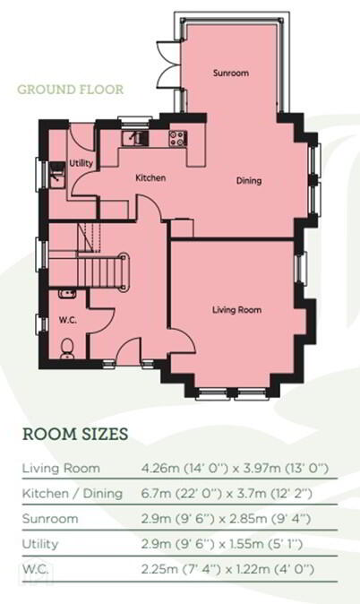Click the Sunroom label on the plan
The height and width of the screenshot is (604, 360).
(x=231, y=73)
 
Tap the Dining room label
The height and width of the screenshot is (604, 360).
(x=249, y=180)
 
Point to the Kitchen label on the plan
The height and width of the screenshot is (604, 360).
(x=150, y=177)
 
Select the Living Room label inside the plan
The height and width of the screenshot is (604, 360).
(x=236, y=309)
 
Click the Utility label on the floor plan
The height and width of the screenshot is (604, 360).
(x=81, y=163)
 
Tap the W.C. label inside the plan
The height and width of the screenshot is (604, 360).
(x=67, y=319)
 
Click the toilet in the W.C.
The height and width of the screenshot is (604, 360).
(x=67, y=349)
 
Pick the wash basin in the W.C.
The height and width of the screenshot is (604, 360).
(x=67, y=294)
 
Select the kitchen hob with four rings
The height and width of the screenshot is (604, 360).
(x=178, y=138)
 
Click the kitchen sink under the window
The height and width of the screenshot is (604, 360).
(x=134, y=138)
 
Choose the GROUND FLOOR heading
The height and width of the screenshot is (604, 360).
(x=71, y=90)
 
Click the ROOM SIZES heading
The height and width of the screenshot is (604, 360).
(x=75, y=434)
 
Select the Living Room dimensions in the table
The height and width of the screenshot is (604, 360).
(x=235, y=469)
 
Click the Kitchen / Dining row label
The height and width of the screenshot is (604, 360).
(x=73, y=494)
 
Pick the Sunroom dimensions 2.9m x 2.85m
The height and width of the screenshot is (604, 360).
(x=226, y=519)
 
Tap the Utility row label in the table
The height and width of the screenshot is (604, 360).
(x=40, y=544)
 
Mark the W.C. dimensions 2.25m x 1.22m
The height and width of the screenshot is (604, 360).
(x=227, y=569)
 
